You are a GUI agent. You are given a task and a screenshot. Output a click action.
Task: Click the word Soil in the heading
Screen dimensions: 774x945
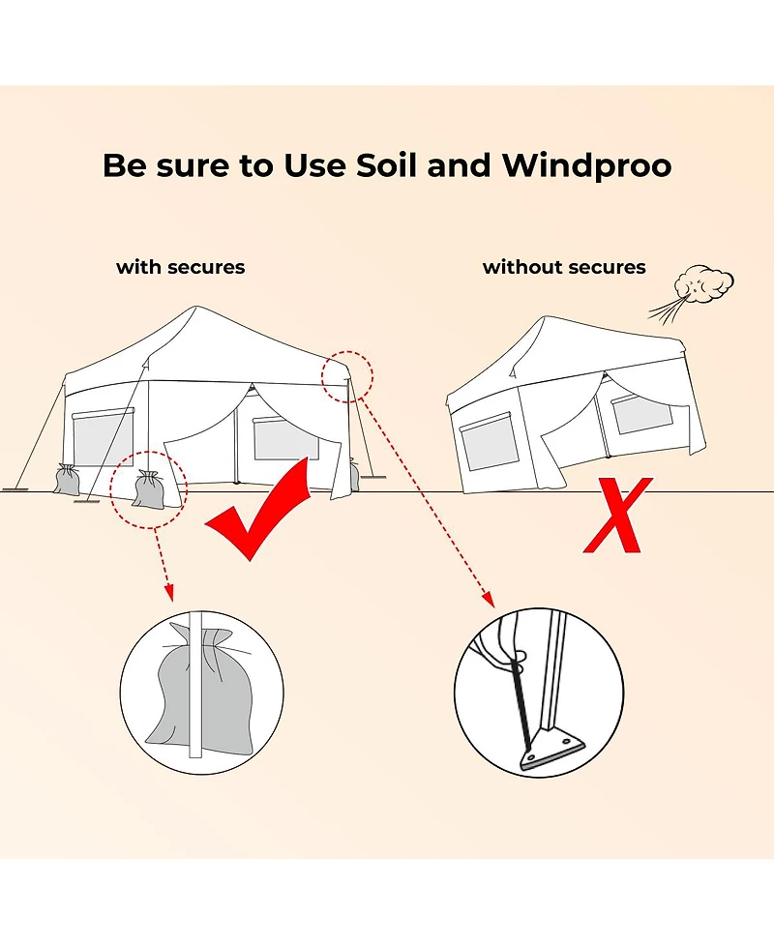pyautogui.click(x=386, y=164)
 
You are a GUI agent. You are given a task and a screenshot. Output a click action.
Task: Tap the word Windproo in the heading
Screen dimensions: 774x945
pyautogui.click(x=586, y=166)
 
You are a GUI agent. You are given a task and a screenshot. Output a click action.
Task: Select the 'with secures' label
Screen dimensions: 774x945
pyautogui.click(x=180, y=267)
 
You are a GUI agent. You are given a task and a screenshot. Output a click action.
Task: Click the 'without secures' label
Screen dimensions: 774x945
pyautogui.click(x=564, y=267)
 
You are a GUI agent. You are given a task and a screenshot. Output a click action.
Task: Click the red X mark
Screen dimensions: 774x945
pyautogui.click(x=617, y=516)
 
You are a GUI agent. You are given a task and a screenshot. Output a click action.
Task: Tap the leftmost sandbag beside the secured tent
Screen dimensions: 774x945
pyautogui.click(x=67, y=480)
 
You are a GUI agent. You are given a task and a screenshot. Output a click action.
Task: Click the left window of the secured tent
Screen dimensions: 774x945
pyautogui.click(x=103, y=437)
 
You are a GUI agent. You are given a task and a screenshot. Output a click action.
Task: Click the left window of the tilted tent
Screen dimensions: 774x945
pyautogui.click(x=488, y=440)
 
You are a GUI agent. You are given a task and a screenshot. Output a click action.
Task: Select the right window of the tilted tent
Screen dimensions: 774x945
pyautogui.click(x=641, y=413)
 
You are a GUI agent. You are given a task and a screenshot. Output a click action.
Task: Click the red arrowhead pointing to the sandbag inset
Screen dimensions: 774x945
pyautogui.click(x=169, y=592)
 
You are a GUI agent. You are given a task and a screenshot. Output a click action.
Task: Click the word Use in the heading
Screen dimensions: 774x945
pyautogui.click(x=314, y=164)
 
